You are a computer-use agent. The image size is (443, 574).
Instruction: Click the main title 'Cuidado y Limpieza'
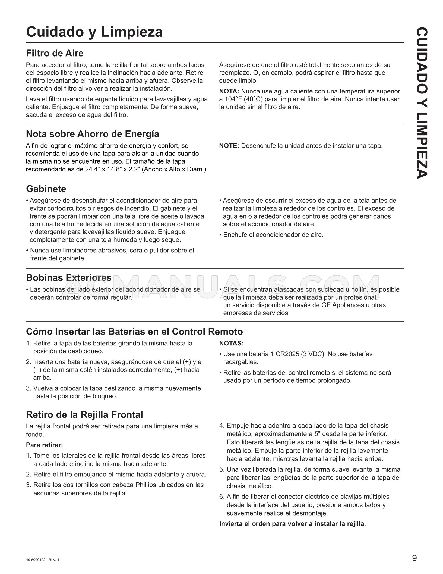pos(94,32)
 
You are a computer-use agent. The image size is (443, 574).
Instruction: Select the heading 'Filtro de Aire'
pos(55,53)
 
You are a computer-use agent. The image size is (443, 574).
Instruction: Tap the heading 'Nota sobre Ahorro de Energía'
pos(93,134)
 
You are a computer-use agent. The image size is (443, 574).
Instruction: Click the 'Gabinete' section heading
pos(46,189)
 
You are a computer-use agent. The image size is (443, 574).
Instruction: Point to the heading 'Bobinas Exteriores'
pos(69,277)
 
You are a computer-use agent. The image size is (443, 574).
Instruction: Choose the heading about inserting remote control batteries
pos(134,332)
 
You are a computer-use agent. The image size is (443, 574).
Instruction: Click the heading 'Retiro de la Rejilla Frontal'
pos(84,415)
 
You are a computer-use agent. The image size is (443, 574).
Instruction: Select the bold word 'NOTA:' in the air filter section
pos(229,91)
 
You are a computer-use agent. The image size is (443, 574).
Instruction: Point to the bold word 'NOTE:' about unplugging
pos(229,146)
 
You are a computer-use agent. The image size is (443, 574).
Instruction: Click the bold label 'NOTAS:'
pos(231,343)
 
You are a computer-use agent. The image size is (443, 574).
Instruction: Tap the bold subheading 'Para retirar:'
pos(45,445)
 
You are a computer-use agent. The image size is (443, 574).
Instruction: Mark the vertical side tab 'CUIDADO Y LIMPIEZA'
pos(422,103)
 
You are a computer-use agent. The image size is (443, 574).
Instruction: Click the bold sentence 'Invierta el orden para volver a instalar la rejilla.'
pos(292,524)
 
